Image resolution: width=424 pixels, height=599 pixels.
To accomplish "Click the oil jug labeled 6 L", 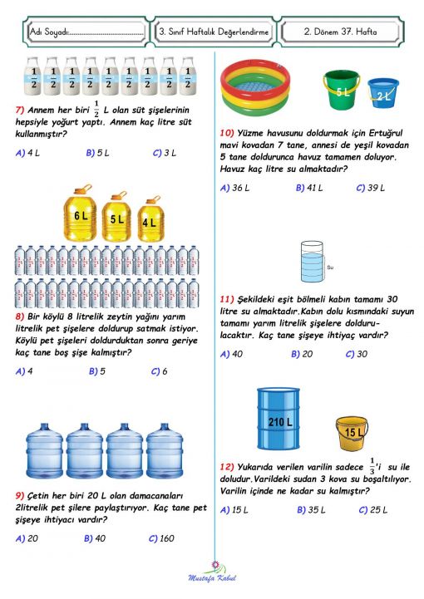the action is (x=81, y=214).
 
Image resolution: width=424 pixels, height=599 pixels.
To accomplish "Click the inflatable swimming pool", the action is (x=258, y=85).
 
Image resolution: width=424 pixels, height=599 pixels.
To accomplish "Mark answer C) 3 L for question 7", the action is (x=164, y=153).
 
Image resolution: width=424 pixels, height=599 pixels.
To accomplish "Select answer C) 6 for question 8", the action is (x=159, y=371).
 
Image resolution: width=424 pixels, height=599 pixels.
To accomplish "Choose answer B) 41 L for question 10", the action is (x=309, y=188).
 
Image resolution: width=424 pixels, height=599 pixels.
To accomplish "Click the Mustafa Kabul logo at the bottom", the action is (x=214, y=572).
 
